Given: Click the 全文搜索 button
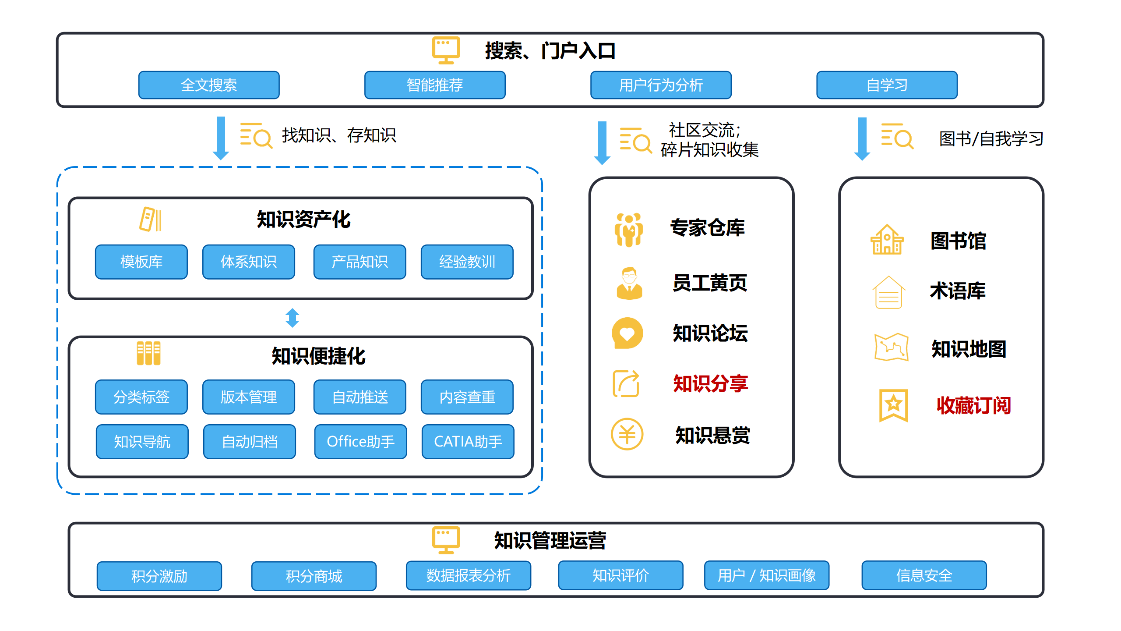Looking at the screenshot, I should [x=209, y=85].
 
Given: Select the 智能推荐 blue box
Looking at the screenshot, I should [x=435, y=85].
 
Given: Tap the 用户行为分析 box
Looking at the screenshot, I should [x=661, y=85].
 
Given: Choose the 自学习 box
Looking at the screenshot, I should [x=887, y=85].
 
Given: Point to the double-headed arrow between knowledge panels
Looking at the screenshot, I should [x=292, y=318].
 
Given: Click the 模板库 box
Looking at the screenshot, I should [x=141, y=262].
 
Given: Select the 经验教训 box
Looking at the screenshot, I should [x=467, y=262].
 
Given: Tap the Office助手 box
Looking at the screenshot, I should [x=360, y=442].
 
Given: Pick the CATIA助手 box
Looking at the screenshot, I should [x=468, y=442].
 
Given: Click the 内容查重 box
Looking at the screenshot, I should [x=467, y=397].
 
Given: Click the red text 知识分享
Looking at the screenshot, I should [x=710, y=383].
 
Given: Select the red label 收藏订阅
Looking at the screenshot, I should [x=973, y=405].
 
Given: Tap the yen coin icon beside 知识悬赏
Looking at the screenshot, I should [x=627, y=434].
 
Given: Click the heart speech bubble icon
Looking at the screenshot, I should [x=627, y=333].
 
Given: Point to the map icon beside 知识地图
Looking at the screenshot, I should [x=891, y=347].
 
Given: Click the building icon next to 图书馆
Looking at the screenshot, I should [x=887, y=240].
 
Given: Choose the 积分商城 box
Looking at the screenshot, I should [x=314, y=576].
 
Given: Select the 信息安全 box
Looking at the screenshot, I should [x=924, y=575].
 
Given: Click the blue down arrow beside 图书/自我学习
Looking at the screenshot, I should [x=862, y=138].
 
